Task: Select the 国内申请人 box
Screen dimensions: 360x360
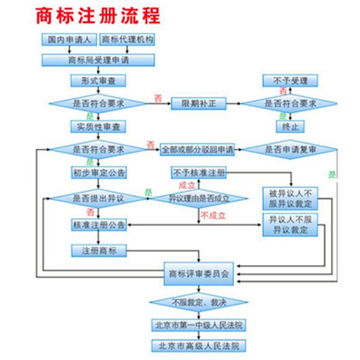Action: click(68, 40)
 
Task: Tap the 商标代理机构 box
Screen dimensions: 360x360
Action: click(127, 40)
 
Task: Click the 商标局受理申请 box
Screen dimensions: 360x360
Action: click(98, 60)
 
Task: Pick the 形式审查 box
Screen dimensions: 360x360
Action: click(98, 81)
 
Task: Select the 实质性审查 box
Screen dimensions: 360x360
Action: click(98, 126)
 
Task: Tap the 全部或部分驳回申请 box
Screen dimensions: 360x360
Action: click(197, 150)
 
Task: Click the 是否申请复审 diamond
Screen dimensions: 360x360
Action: click(289, 150)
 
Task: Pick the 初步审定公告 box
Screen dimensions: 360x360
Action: click(98, 173)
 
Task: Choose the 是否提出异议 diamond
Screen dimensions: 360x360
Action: click(98, 199)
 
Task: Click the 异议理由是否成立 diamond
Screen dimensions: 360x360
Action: click(199, 199)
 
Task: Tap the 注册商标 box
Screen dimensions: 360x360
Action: click(98, 251)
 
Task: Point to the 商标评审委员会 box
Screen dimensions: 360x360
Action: click(199, 273)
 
